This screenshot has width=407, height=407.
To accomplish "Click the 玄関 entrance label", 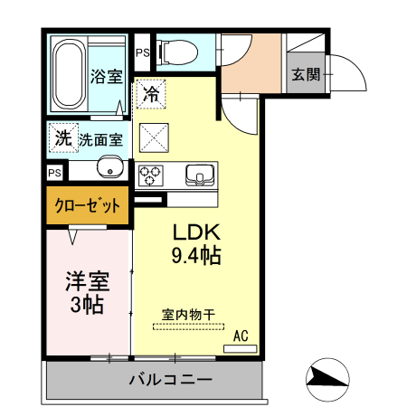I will [306, 74].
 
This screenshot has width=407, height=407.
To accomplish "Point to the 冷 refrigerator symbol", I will [151, 93].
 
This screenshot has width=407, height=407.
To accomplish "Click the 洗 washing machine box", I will [62, 137].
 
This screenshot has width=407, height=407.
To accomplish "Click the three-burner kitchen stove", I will [150, 172].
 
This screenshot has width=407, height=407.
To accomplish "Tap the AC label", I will [240, 336].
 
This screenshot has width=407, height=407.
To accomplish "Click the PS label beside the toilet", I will [142, 52].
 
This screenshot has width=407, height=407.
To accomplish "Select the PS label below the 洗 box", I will [55, 172].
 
